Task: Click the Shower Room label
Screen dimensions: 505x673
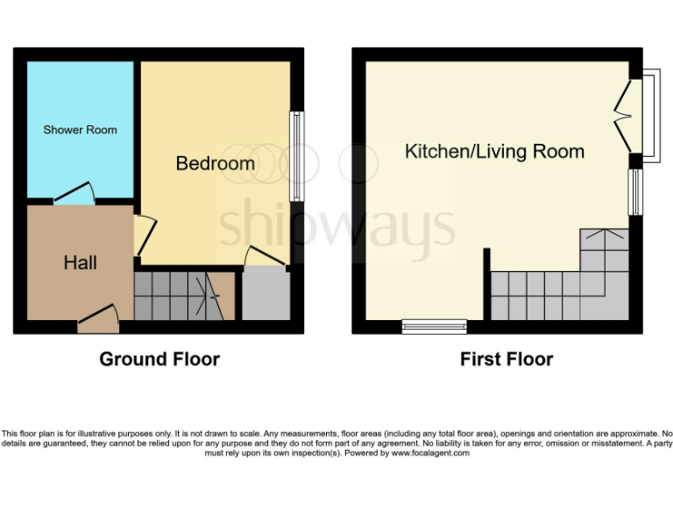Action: (80, 130)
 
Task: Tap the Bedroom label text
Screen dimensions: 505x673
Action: (216, 163)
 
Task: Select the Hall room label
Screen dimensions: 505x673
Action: (80, 262)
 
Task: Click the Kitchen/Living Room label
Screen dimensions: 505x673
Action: (494, 152)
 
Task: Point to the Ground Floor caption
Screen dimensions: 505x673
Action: (159, 359)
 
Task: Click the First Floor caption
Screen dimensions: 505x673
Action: (507, 359)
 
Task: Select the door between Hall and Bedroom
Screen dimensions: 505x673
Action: (143, 236)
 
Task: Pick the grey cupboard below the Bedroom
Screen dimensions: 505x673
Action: (265, 295)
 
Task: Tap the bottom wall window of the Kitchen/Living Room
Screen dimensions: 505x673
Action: (434, 327)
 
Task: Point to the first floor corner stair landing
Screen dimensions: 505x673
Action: (604, 250)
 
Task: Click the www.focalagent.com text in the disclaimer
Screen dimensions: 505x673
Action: (430, 453)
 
